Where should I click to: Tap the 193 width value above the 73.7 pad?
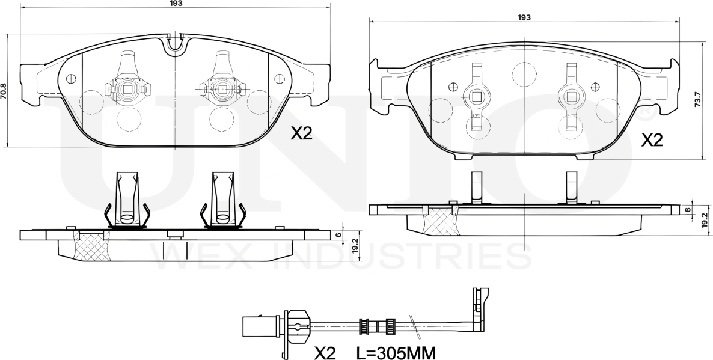click(524, 18)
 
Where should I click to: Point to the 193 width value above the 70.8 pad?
click(176, 4)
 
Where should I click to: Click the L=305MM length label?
click(395, 352)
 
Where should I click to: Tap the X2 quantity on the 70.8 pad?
click(302, 133)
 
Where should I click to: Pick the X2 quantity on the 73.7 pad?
click(652, 140)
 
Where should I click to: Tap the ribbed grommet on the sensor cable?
click(363, 327)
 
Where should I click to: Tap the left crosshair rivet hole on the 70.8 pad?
click(72, 78)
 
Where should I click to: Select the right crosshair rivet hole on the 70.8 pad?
click(278, 78)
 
